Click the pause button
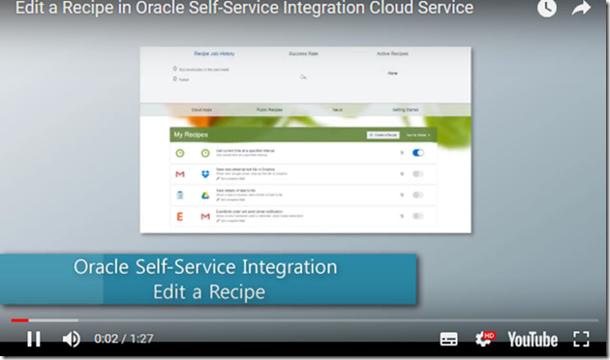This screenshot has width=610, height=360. [x=34, y=339]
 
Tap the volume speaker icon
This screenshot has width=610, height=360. [x=71, y=339]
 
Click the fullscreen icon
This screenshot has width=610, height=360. [x=581, y=339]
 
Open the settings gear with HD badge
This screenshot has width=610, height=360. [x=483, y=339]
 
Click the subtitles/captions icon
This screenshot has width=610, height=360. [x=448, y=339]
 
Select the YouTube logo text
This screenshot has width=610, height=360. [x=533, y=339]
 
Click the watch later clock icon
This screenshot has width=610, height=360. [x=548, y=9]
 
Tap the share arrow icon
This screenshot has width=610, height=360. [x=581, y=9]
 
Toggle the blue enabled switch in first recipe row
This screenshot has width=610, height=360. [x=418, y=153]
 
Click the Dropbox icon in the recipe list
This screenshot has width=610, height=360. [x=205, y=174]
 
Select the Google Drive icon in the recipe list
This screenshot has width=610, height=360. [x=205, y=195]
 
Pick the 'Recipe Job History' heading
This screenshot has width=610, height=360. [x=214, y=53]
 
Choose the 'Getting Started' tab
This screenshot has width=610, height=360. [x=405, y=111]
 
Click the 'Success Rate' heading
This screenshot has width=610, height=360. [x=303, y=53]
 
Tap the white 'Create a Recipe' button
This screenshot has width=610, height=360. [x=383, y=135]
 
